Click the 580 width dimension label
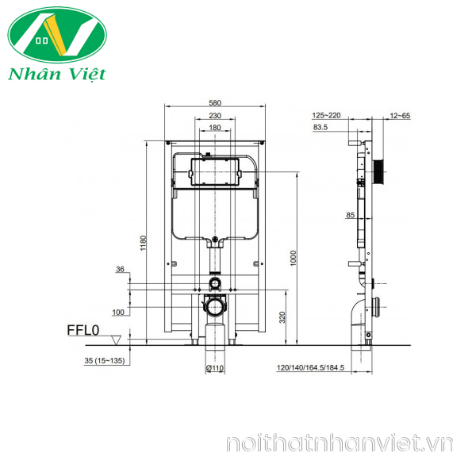pos(215,103)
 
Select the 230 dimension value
pos(215,116)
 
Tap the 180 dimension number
pos(215,128)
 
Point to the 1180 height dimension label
pos(144,243)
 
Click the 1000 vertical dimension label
pos(294,258)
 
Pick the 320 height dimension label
pos(282,317)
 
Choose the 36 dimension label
pos(120,269)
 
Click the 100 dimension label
pos(118,312)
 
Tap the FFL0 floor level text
pos(83,330)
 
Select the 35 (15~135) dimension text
pos(105,361)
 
